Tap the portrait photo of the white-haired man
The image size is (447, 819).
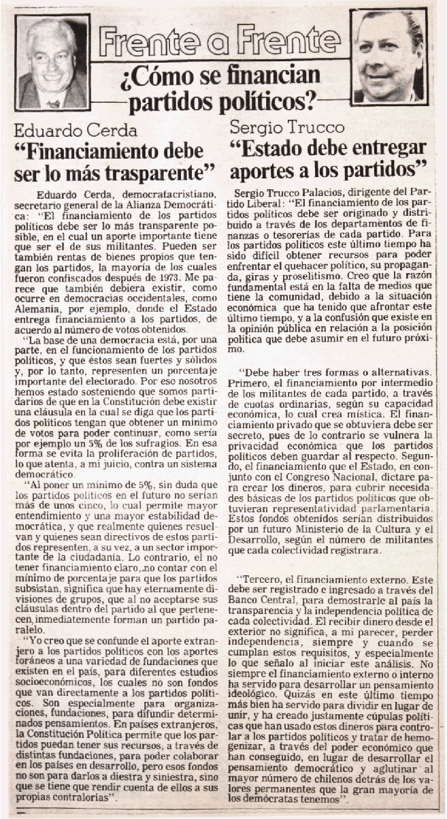(52, 63)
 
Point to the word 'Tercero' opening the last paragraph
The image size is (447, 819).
(264, 594)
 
